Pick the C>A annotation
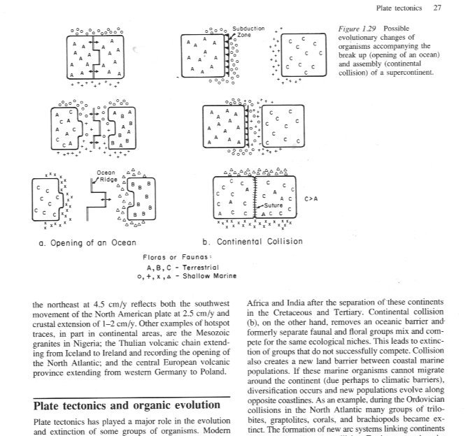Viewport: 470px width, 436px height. (313, 198)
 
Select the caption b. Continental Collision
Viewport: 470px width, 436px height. (252, 242)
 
